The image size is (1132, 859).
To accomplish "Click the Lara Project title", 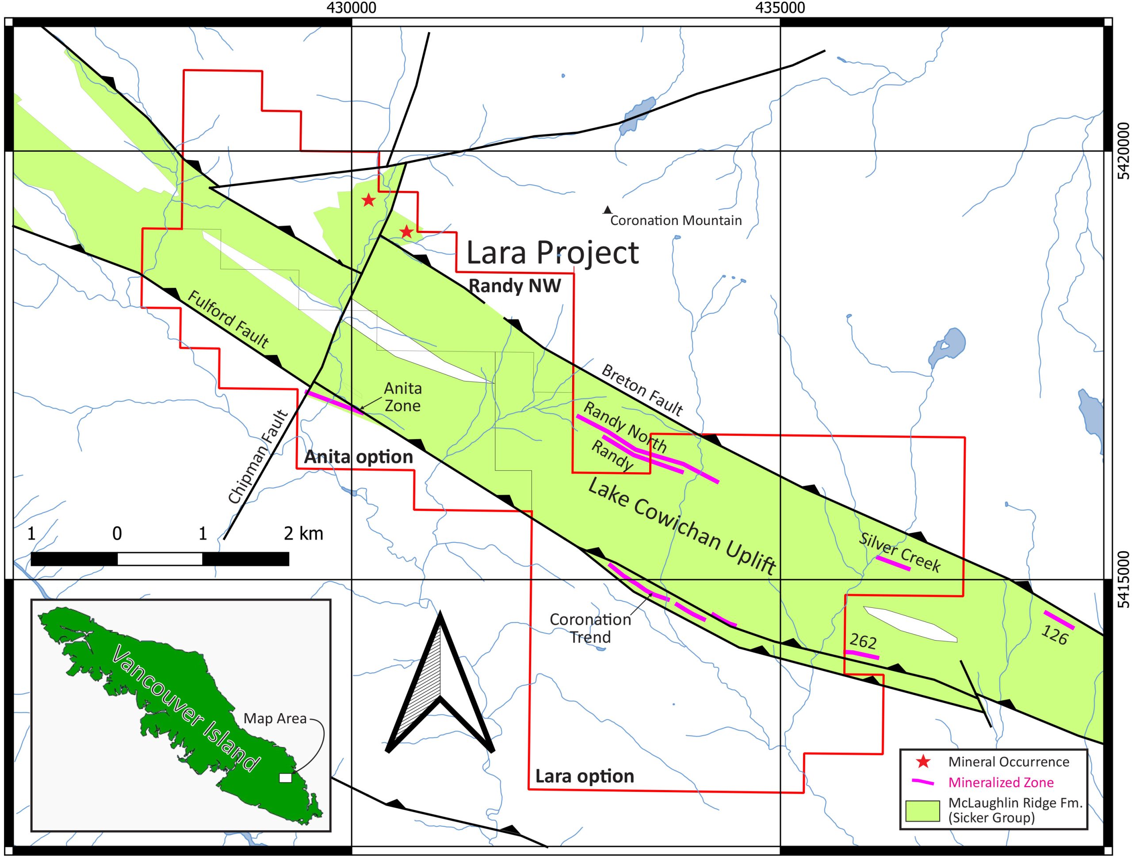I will pos(552,253).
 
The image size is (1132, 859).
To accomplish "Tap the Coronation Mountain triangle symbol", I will pos(608,210).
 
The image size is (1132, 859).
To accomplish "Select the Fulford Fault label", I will pos(228,319).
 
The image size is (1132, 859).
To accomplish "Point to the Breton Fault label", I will pos(642,390).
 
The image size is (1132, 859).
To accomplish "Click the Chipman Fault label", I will pos(258,457).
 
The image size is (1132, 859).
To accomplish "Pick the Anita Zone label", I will pos(403,397).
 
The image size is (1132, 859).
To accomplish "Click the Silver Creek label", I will pos(900,553).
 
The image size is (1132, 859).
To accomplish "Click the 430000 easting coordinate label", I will pos(351,8).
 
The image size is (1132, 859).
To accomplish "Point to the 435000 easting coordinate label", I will pos(780,8).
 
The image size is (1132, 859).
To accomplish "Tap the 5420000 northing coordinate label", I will pos(1123,151).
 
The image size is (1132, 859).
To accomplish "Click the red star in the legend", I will pos(923,762).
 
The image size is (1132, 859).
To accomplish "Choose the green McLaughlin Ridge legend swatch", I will pos(923,811).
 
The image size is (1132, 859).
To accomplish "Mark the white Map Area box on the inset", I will pos(285,778).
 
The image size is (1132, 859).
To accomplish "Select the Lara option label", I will pos(585,777).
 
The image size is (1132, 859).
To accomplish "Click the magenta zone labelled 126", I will pos(1059,619).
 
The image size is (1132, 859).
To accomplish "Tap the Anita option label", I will pos(358,457).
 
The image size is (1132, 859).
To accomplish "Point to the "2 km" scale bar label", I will pos(303,534).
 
